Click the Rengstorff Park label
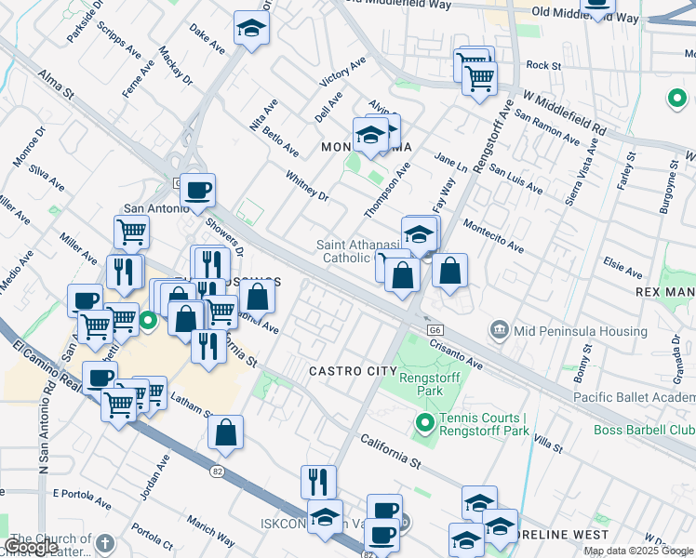(x=420, y=384)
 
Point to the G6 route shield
(x=435, y=329)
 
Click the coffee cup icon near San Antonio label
(x=197, y=192)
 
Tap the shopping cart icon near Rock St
(x=478, y=78)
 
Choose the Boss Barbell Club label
(x=644, y=430)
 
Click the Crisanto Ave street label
(x=457, y=353)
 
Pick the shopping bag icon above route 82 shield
(x=225, y=432)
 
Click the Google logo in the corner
(x=31, y=547)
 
